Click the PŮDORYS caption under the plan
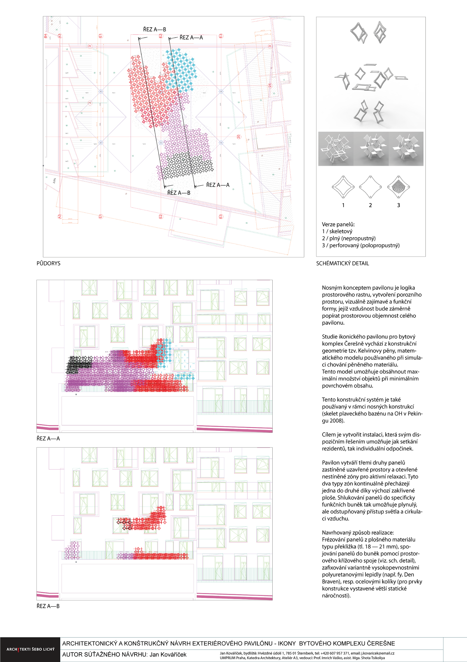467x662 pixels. pyautogui.click(x=48, y=263)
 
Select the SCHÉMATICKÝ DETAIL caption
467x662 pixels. pyautogui.click(x=342, y=263)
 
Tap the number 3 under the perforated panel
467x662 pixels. pyautogui.click(x=398, y=205)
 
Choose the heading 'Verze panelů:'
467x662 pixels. pyautogui.click(x=338, y=224)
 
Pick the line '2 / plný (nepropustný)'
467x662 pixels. pyautogui.click(x=349, y=238)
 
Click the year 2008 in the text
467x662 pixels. pyautogui.click(x=339, y=421)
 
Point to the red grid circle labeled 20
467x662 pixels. pyautogui.click(x=239, y=137)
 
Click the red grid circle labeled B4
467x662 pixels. pyautogui.click(x=46, y=36)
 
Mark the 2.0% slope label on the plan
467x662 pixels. pyautogui.click(x=54, y=181)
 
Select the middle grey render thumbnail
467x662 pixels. pyautogui.click(x=371, y=148)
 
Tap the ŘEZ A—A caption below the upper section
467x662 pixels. pyautogui.click(x=48, y=439)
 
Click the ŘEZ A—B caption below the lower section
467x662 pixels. pyautogui.click(x=48, y=606)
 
